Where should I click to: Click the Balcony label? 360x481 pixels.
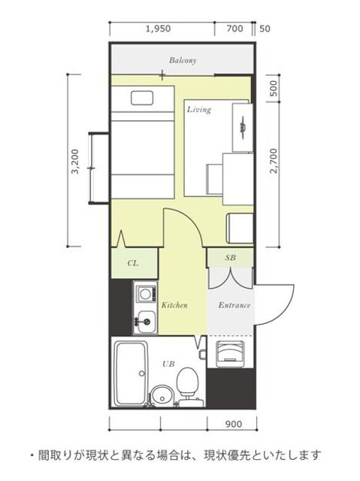point(183,60)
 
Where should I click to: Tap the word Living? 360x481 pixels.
point(199,110)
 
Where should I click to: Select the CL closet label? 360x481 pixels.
point(133,263)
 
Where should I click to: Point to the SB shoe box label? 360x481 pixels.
point(230,258)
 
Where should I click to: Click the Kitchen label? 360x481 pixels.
point(174,305)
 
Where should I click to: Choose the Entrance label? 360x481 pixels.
point(234,305)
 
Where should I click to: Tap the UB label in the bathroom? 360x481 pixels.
point(168,364)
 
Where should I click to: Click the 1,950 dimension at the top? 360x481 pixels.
point(159,29)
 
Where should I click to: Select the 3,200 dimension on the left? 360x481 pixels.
point(75,162)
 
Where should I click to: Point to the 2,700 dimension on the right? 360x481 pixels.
point(274,161)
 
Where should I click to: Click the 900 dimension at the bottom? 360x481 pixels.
point(234,424)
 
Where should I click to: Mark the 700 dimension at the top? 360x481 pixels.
point(235,29)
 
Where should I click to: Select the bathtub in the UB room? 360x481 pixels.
point(132,373)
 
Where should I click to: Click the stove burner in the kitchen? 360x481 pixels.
point(146,295)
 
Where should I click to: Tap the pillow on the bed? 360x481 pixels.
point(142,98)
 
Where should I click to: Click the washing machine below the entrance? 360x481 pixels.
point(231,354)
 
